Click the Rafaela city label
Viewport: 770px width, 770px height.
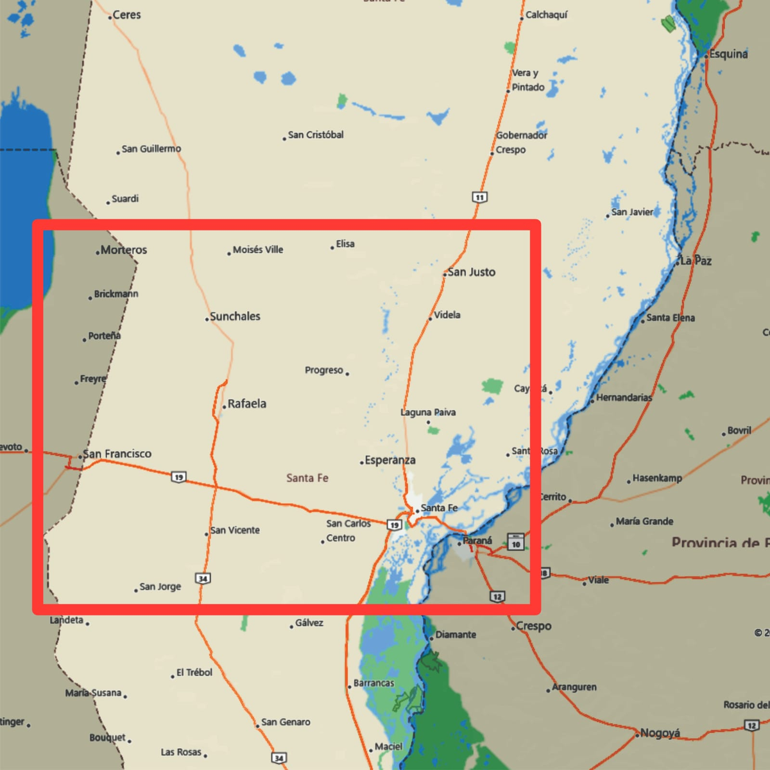click(246, 404)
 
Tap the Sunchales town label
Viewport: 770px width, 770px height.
click(235, 316)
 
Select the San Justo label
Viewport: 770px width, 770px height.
click(472, 272)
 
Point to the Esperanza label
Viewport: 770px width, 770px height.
click(390, 460)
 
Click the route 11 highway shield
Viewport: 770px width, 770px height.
click(480, 197)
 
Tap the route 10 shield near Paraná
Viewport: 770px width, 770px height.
click(516, 542)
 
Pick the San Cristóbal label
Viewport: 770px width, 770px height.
click(316, 135)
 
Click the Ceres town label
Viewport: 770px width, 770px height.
click(126, 15)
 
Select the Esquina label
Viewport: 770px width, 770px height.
click(728, 54)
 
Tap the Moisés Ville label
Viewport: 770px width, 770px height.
click(258, 250)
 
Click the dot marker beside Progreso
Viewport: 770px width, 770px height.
click(347, 373)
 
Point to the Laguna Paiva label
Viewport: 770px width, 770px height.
click(428, 412)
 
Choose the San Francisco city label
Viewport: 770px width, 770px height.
click(117, 454)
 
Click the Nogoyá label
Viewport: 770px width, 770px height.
click(660, 733)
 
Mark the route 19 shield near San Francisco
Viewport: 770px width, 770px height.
click(178, 477)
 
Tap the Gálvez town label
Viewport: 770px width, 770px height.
click(309, 622)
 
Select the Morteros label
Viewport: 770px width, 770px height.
click(124, 250)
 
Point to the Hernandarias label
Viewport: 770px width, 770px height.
click(624, 397)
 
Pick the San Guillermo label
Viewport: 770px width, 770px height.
click(151, 149)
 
